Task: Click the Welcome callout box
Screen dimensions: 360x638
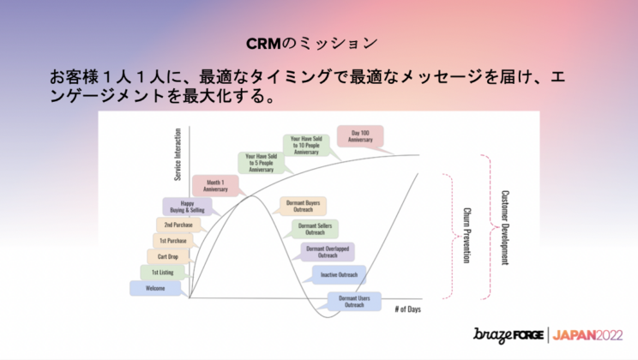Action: pos(155,288)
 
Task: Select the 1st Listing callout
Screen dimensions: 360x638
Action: pos(162,272)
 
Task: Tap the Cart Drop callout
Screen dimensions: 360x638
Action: pos(167,255)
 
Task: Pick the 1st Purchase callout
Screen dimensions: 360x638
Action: pos(174,240)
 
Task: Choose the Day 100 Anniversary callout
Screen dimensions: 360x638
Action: pos(360,135)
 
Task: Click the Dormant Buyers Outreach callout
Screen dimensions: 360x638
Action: pos(302,207)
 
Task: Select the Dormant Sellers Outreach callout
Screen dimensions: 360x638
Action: pos(315,228)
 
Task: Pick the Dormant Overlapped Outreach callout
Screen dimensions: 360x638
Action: pos(328,251)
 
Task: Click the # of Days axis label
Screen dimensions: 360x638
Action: pos(410,309)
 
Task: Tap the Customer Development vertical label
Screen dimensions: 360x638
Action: pos(504,226)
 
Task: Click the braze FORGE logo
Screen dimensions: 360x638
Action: pos(509,335)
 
